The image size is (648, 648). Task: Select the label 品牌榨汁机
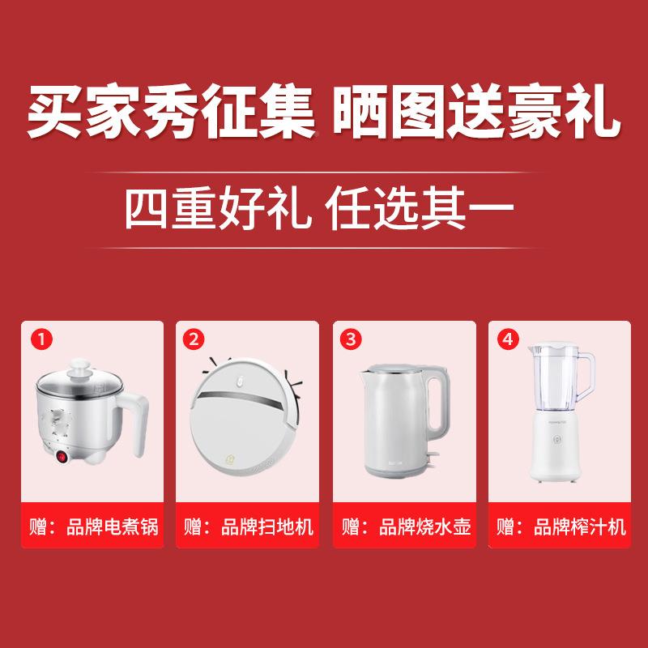click(x=582, y=527)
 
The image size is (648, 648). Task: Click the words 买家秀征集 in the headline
click(x=172, y=117)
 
